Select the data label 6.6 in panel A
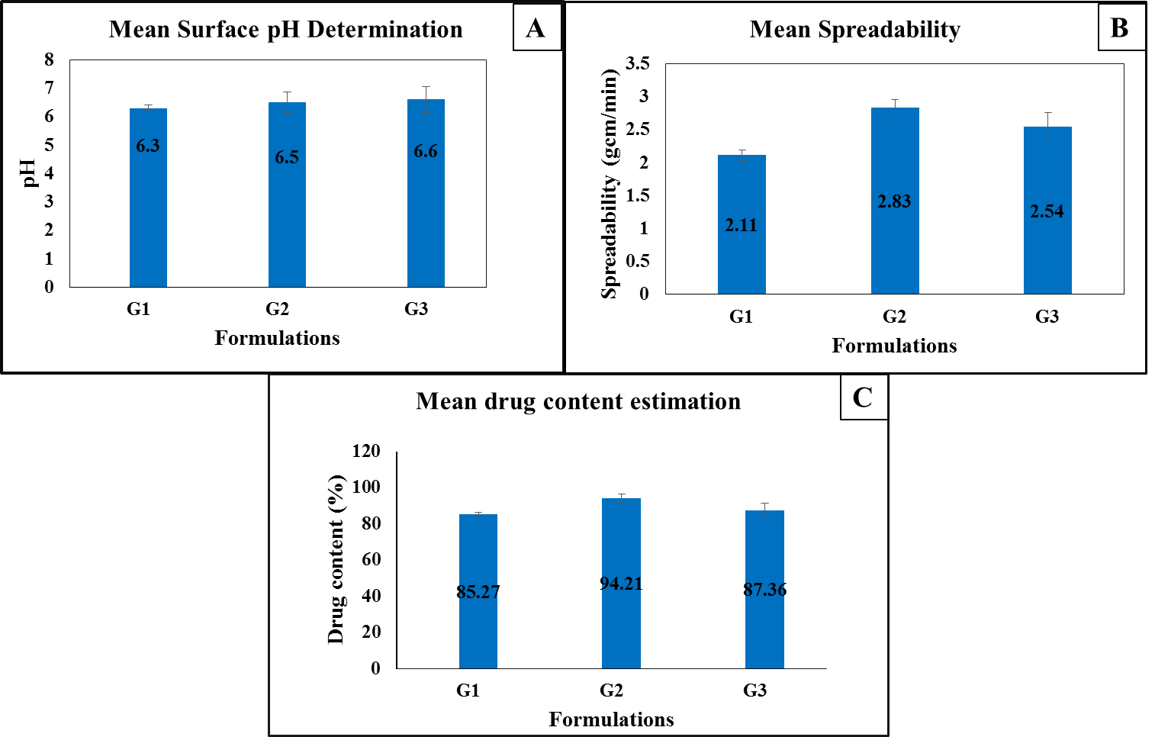[x=426, y=152]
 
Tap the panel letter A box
[x=536, y=28]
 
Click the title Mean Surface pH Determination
[x=286, y=30]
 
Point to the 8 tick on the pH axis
[x=50, y=60]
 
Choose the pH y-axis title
[x=29, y=173]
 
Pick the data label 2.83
[x=894, y=201]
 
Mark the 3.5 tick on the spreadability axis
[x=638, y=64]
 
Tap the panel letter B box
[x=1119, y=28]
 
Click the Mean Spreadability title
[x=854, y=30]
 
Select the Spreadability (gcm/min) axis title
[x=609, y=183]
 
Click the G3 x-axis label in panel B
[x=1047, y=317]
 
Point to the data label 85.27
[x=478, y=592]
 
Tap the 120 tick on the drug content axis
[x=366, y=451]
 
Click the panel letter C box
[x=863, y=397]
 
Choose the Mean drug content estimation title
[x=578, y=401]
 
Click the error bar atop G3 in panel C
[x=764, y=510]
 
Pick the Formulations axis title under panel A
[x=277, y=338]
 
